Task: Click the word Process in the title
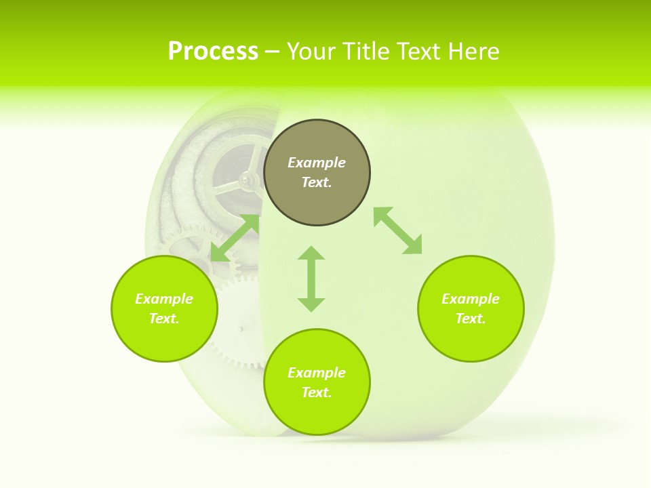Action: click(213, 52)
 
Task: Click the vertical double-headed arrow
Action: click(311, 279)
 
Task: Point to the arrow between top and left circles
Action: click(235, 238)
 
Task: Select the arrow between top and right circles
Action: click(397, 230)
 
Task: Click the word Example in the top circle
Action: click(317, 163)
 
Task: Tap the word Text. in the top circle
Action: click(317, 182)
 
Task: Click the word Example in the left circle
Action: click(164, 299)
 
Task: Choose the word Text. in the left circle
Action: click(164, 319)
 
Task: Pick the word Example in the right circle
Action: click(471, 299)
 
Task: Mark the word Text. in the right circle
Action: click(471, 319)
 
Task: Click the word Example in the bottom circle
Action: click(317, 373)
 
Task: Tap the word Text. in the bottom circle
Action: click(317, 392)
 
